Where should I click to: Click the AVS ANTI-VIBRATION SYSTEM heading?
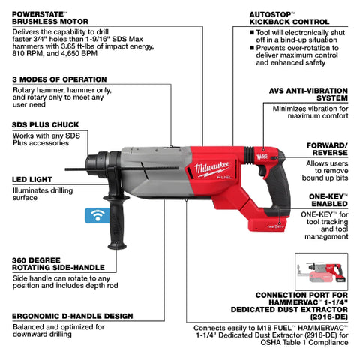pyautogui.click(x=316, y=94)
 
